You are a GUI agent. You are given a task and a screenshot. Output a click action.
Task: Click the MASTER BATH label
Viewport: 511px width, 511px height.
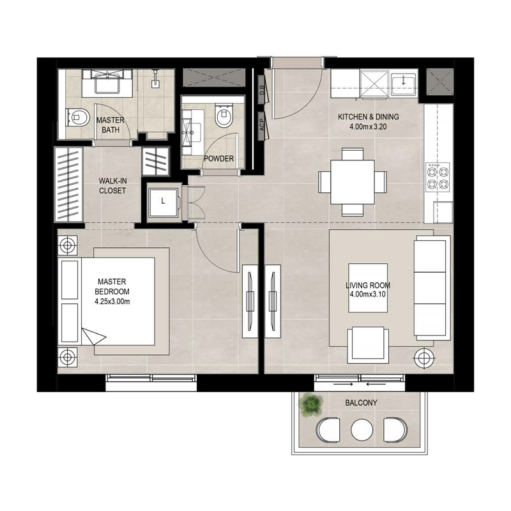click(110, 125)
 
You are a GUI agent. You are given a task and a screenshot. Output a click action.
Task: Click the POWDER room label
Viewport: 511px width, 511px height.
click(218, 159)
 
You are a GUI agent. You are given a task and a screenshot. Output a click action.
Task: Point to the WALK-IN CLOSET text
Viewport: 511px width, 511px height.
click(112, 185)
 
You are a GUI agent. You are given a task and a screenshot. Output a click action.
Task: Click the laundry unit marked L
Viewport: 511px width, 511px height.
click(164, 201)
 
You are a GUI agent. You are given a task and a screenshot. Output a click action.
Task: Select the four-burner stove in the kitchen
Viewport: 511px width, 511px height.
click(438, 179)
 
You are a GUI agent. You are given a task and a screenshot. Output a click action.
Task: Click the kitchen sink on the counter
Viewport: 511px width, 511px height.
click(404, 82)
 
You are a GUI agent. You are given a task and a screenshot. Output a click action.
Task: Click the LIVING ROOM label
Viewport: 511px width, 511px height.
click(368, 290)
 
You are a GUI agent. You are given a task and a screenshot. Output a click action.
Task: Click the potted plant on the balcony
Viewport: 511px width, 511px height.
click(312, 404)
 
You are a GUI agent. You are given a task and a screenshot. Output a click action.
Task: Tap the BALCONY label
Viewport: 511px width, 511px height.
click(361, 403)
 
